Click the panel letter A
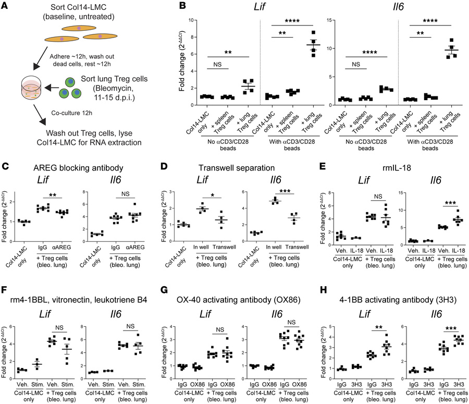click(6, 6)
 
